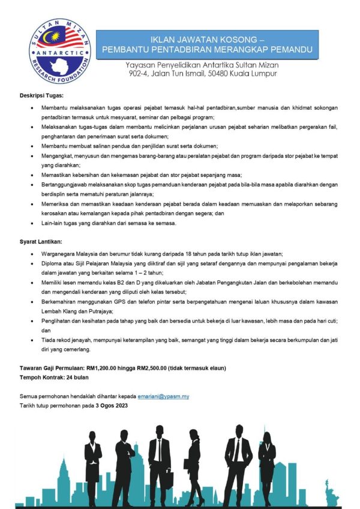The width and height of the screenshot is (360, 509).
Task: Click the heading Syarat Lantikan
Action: point(40,242)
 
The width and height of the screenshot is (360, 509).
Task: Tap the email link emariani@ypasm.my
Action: point(163,396)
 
